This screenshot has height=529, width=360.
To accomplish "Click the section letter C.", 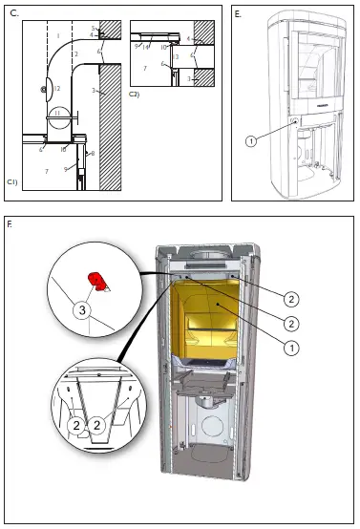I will pos(12,14).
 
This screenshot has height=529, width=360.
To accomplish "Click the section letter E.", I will pos(238,14).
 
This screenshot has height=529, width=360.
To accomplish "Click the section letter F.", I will pos(11,225).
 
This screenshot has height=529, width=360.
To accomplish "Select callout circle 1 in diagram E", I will pos(250,140).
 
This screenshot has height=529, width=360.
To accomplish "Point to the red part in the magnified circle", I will pos(96,279).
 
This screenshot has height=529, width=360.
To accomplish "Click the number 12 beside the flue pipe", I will pos(57,89).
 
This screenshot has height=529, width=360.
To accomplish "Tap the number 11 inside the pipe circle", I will pos(57,113).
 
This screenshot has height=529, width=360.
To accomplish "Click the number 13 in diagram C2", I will pos(177,57).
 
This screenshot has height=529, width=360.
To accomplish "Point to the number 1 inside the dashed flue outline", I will pos(57,36).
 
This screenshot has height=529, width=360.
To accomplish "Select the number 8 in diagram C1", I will pos(91,152).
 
